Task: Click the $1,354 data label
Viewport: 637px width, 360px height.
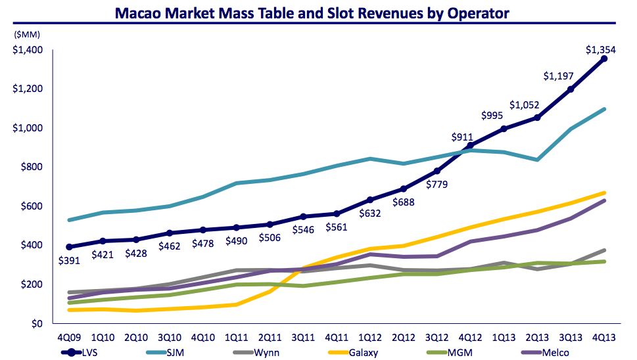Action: pos(601,49)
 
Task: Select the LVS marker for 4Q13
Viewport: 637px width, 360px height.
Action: pos(604,58)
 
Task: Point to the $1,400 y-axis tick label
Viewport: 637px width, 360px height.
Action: pos(28,50)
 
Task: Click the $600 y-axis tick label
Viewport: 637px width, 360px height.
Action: pos(31,206)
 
